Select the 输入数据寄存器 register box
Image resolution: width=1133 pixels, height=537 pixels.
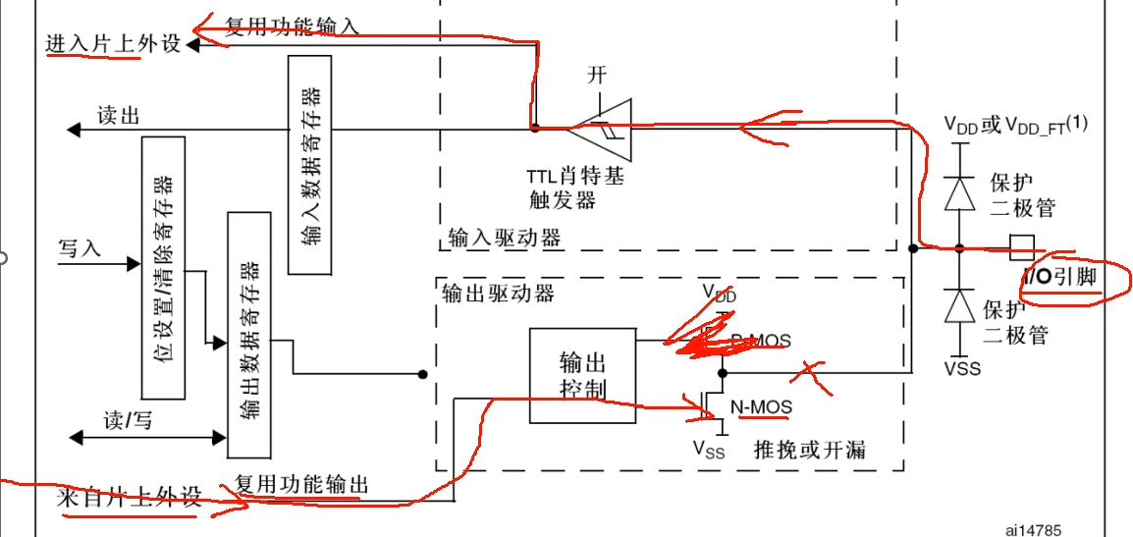point(309,165)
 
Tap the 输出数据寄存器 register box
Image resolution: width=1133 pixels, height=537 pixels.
point(248,334)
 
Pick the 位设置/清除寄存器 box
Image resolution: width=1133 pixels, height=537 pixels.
point(163,267)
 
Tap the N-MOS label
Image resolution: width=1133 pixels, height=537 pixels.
point(762,406)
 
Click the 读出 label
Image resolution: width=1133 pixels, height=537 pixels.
point(119,115)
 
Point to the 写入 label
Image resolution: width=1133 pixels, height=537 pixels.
point(80,248)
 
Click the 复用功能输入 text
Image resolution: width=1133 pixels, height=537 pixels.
point(292,27)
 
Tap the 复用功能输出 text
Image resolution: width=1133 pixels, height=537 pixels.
point(301,484)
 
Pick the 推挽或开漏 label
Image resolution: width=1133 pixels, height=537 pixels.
point(810,451)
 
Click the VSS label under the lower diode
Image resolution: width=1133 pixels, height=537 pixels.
point(962,369)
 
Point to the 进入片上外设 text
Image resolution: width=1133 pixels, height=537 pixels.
point(113,44)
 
